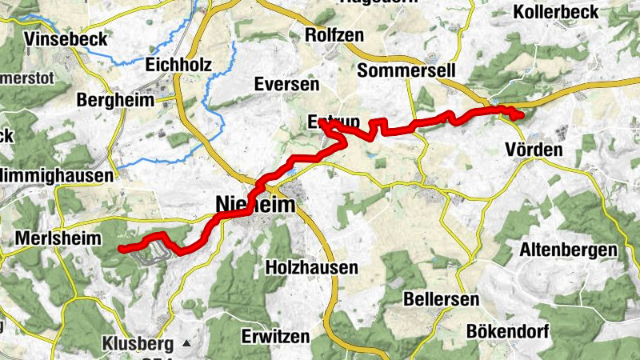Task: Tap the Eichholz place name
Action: pyautogui.click(x=178, y=64)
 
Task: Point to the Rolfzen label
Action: pyautogui.click(x=334, y=35)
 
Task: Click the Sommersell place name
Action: pyautogui.click(x=406, y=70)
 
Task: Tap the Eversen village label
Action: pyautogui.click(x=286, y=84)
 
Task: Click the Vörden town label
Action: pyautogui.click(x=534, y=150)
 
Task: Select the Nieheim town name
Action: pyautogui.click(x=255, y=205)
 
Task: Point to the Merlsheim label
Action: pyautogui.click(x=58, y=238)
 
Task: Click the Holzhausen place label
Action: pyautogui.click(x=311, y=267)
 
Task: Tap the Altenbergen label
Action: pyautogui.click(x=568, y=250)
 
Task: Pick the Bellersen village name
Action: pyautogui.click(x=442, y=299)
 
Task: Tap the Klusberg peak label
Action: pyautogui.click(x=138, y=345)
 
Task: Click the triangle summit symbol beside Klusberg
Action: pyautogui.click(x=186, y=343)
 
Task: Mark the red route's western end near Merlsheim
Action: pyautogui.click(x=122, y=249)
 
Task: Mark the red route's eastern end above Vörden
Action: pyautogui.click(x=521, y=115)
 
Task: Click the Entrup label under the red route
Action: pyautogui.click(x=334, y=122)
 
